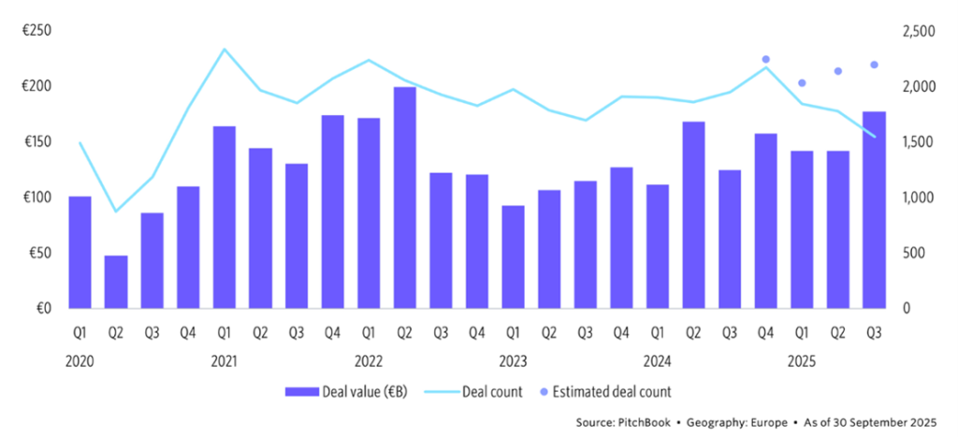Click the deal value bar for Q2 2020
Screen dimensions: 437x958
(x=116, y=282)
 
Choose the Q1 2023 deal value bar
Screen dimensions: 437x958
(x=513, y=257)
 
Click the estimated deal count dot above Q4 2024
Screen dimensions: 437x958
(x=765, y=60)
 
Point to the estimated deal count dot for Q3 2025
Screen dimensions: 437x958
(x=874, y=65)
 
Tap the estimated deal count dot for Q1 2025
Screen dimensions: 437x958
(x=802, y=83)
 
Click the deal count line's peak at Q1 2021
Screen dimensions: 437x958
(x=225, y=49)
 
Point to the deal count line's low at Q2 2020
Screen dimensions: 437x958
(x=116, y=211)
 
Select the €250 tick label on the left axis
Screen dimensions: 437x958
(x=38, y=31)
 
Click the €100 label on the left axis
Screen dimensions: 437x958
(x=38, y=197)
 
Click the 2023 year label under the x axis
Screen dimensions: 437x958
(x=513, y=359)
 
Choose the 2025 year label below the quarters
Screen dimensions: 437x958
(x=802, y=359)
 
